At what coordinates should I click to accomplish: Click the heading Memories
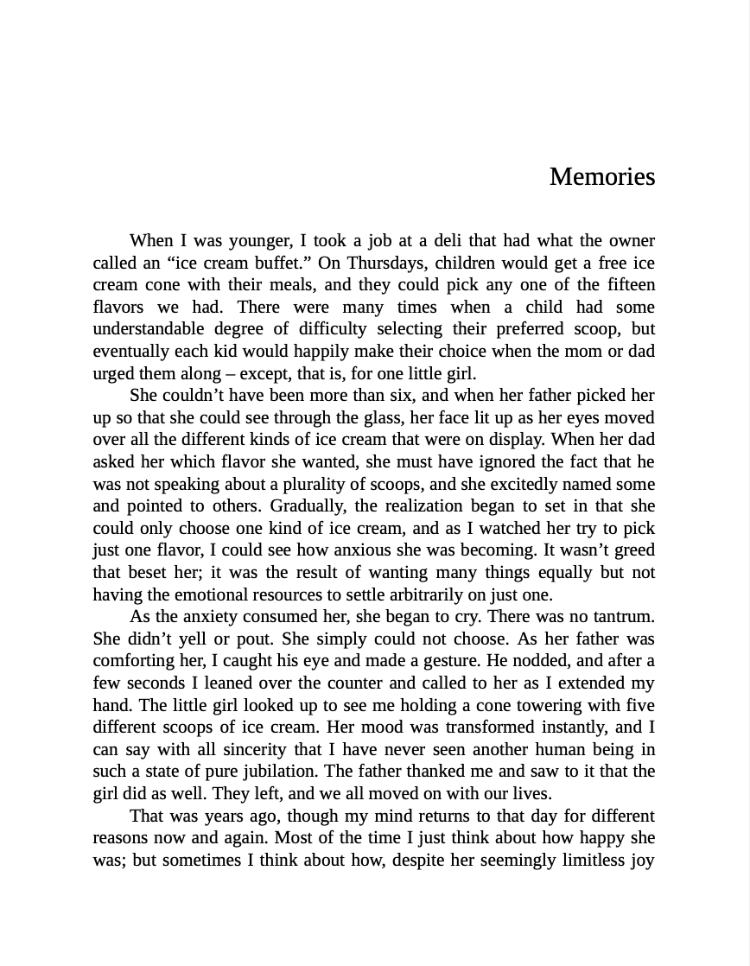click(601, 176)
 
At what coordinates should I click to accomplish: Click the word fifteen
click(626, 284)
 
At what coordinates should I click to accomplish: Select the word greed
click(632, 550)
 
